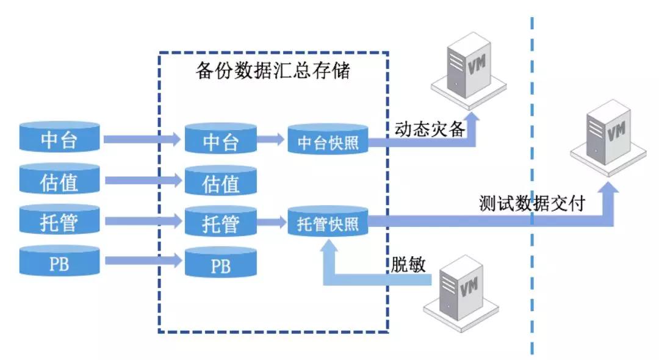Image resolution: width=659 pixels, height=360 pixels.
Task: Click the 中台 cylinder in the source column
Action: [x=59, y=139]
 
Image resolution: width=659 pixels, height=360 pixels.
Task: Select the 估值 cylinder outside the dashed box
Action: [x=59, y=180]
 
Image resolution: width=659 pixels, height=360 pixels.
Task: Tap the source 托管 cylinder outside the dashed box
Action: [x=59, y=221]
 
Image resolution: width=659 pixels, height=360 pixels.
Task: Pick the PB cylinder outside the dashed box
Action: [x=59, y=261]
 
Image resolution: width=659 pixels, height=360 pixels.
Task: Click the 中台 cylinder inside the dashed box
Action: [x=220, y=140]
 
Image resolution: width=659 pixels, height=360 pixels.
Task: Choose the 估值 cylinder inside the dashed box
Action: [x=220, y=182]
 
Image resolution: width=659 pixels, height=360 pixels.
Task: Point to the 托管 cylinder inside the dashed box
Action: [x=220, y=222]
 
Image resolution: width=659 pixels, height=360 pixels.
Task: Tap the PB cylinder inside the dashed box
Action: [x=220, y=263]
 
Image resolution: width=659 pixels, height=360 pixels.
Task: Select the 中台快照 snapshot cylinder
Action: [x=328, y=141]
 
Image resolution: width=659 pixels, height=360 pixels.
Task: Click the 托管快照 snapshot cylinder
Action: [x=328, y=223]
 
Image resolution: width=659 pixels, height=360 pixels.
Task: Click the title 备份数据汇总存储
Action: [x=272, y=71]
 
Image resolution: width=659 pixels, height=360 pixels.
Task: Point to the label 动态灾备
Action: [x=430, y=129]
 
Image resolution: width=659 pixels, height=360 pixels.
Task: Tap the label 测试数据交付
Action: [x=532, y=203]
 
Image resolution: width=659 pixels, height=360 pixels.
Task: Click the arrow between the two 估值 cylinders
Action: [x=143, y=181]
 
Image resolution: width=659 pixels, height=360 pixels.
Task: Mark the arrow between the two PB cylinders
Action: [x=143, y=261]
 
